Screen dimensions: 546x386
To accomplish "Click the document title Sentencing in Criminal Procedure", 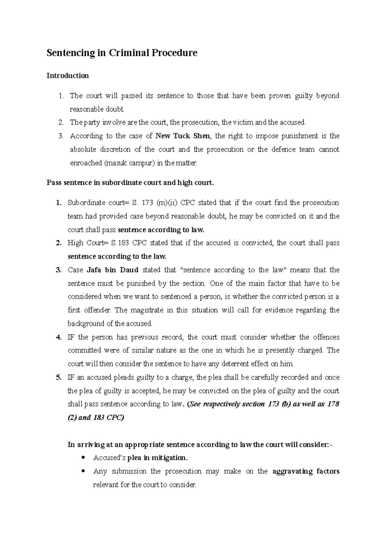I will (x=122, y=53).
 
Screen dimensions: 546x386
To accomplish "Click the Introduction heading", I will (x=68, y=76).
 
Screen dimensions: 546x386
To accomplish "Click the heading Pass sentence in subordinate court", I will (x=130, y=183).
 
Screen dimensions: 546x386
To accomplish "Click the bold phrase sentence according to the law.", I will (x=117, y=257).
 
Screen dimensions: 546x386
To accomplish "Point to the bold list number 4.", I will (x=58, y=337).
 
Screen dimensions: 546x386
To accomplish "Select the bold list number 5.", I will (x=58, y=378).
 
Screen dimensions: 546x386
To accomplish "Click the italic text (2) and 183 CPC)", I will (x=96, y=418).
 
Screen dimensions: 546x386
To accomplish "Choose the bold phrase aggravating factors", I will (x=306, y=471).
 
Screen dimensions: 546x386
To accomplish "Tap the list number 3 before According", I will (x=61, y=136).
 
